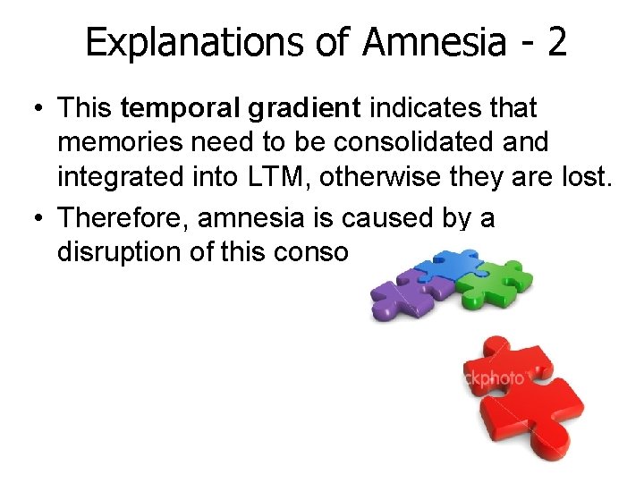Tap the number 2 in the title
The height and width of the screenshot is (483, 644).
[555, 42]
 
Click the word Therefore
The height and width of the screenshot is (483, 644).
[124, 217]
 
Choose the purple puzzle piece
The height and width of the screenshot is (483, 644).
[402, 295]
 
